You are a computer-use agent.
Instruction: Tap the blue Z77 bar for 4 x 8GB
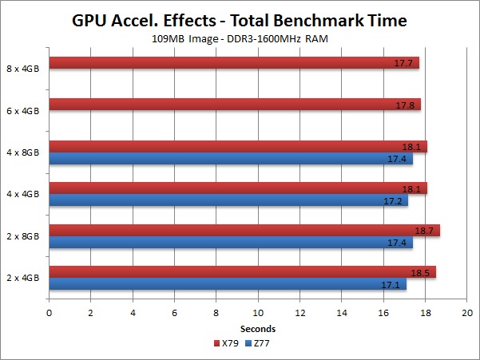point(231,159)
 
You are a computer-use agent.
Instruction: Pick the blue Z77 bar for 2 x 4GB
point(228,283)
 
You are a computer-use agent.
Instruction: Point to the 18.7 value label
point(424,231)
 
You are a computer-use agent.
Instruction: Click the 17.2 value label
point(393,200)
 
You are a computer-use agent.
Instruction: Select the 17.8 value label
point(406,105)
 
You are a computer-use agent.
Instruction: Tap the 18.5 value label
point(420,272)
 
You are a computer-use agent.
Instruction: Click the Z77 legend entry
point(256,342)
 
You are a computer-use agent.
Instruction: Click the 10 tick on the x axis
point(258,313)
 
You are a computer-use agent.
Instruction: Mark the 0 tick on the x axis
point(50,313)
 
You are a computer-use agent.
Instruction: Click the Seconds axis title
point(258,328)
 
